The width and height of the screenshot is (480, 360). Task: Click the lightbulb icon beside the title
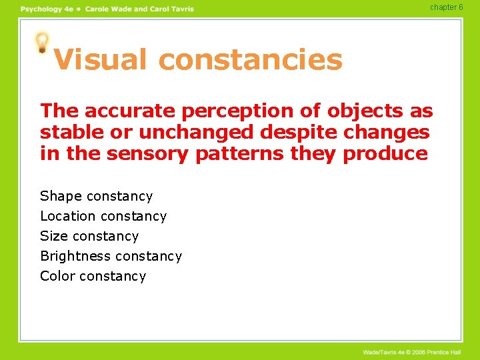(x=43, y=43)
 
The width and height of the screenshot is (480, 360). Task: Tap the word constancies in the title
(x=251, y=60)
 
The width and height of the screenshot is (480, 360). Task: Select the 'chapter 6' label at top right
(x=446, y=7)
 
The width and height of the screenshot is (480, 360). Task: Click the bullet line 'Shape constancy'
(x=96, y=196)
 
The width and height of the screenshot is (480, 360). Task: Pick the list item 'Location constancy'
(x=103, y=216)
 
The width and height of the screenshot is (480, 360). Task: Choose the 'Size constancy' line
(x=89, y=236)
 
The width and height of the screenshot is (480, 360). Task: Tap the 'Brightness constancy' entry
(x=111, y=256)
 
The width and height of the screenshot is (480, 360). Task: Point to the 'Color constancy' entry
(x=93, y=276)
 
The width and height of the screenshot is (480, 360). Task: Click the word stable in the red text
(x=65, y=132)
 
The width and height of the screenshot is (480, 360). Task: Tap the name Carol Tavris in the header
(x=171, y=9)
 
